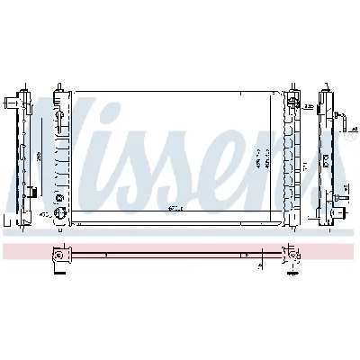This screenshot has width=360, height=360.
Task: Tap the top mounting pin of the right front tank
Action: [x=292, y=90]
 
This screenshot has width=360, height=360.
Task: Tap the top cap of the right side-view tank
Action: [x=326, y=91]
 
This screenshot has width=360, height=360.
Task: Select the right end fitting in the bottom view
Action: [x=292, y=256]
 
